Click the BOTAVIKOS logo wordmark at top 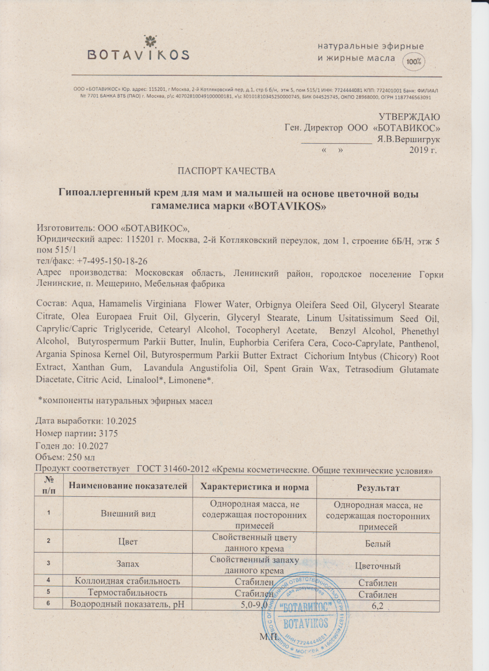pos(138,55)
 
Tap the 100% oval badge pos(413,60)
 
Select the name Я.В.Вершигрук pos(408,139)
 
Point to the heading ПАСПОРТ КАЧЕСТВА pos(226,171)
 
